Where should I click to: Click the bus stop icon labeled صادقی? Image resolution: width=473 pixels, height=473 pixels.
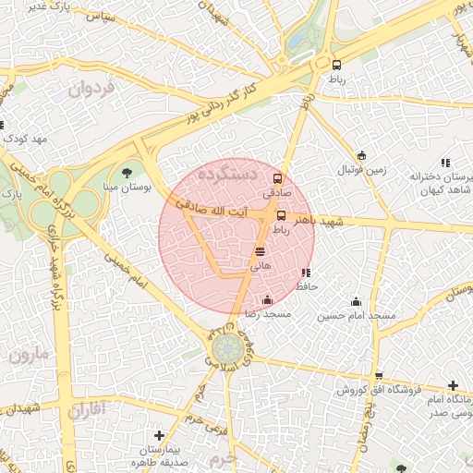pyautogui.click(x=278, y=179)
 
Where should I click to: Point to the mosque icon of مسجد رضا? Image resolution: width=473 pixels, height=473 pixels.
pyautogui.click(x=267, y=299)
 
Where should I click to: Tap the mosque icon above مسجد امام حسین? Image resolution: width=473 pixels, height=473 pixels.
pyautogui.click(x=357, y=301)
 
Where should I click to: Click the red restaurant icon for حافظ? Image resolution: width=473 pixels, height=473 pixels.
pyautogui.click(x=306, y=273)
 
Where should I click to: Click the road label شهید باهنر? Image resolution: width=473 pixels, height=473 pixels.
pyautogui.click(x=318, y=222)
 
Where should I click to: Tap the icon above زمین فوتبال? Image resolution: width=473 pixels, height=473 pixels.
pyautogui.click(x=361, y=155)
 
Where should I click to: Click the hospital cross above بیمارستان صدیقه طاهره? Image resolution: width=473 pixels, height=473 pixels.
pyautogui.click(x=159, y=435)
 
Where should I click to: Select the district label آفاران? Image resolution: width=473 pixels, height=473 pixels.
pyautogui.click(x=88, y=407)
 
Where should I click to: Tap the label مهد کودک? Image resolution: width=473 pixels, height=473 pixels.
pyautogui.click(x=25, y=139)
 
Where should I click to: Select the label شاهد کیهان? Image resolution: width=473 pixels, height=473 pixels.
pyautogui.click(x=428, y=190)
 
